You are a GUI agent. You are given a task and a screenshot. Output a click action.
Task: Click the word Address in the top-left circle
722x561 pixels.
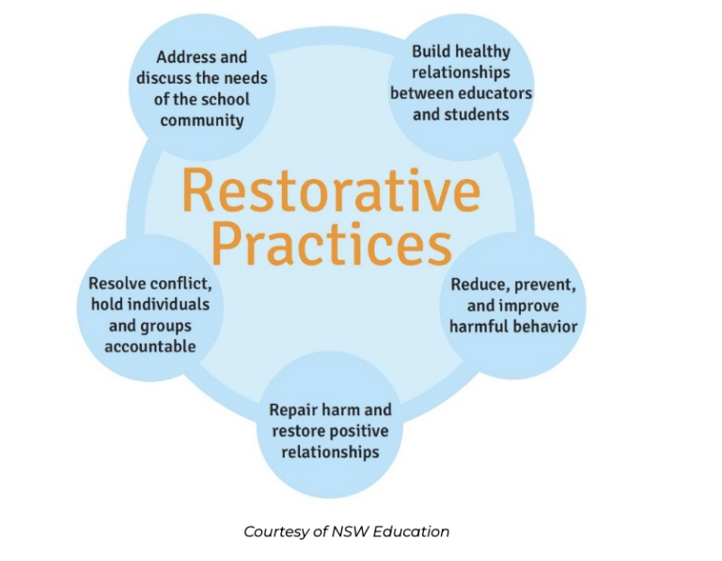point(186,56)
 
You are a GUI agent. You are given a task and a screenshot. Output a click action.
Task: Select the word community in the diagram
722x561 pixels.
point(202,120)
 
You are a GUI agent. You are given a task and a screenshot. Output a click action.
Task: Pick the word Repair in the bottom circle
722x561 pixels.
point(294,410)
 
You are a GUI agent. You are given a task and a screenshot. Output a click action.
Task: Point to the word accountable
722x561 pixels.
point(150,345)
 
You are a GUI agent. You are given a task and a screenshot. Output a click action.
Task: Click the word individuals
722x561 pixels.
point(165,304)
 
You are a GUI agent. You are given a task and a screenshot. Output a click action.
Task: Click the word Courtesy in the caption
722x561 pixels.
point(275,532)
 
